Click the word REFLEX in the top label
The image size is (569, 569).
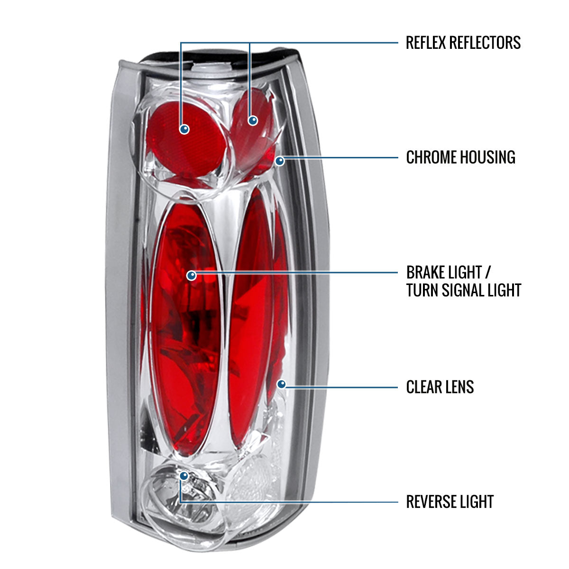pyautogui.click(x=425, y=43)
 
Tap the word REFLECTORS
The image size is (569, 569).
pyautogui.click(x=485, y=43)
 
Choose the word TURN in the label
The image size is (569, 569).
pyautogui.click(x=422, y=290)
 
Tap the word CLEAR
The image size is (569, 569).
pyautogui.click(x=426, y=387)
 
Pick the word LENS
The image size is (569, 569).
pyautogui.click(x=461, y=387)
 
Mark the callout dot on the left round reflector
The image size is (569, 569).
pyautogui.click(x=184, y=129)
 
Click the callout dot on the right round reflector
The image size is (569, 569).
pyautogui.click(x=253, y=120)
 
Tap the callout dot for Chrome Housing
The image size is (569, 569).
pyautogui.click(x=280, y=161)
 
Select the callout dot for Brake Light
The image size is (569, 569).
pyautogui.click(x=192, y=275)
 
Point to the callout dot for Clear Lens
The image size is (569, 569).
pyautogui.click(x=281, y=384)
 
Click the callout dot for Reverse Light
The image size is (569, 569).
pyautogui.click(x=184, y=475)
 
